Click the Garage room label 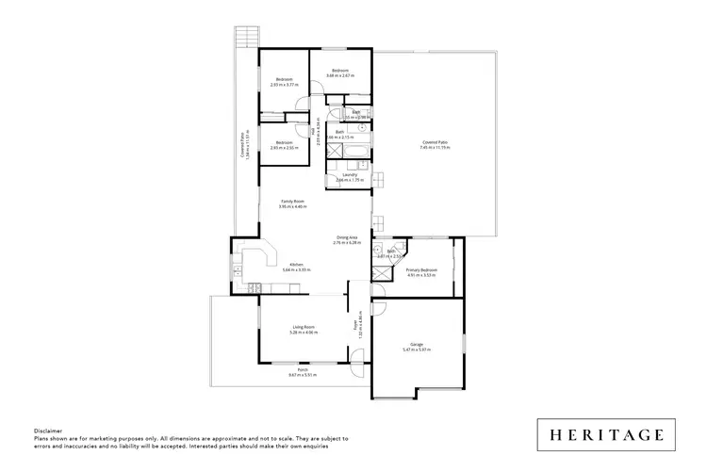click(x=416, y=345)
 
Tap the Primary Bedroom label click(x=421, y=269)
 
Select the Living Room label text click(x=303, y=327)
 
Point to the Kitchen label click(x=296, y=265)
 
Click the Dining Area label click(x=348, y=237)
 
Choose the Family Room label click(x=293, y=202)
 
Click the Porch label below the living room click(x=303, y=371)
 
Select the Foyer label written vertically click(x=354, y=327)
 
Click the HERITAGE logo click(x=608, y=435)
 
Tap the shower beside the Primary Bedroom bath click(x=380, y=270)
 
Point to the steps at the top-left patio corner click(x=248, y=37)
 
